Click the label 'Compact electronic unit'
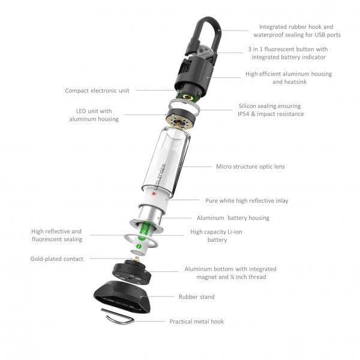[x=97, y=91]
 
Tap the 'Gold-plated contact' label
[x=56, y=259]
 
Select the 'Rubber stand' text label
[x=196, y=296]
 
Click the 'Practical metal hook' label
[x=196, y=322]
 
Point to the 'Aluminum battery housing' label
[x=233, y=218]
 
